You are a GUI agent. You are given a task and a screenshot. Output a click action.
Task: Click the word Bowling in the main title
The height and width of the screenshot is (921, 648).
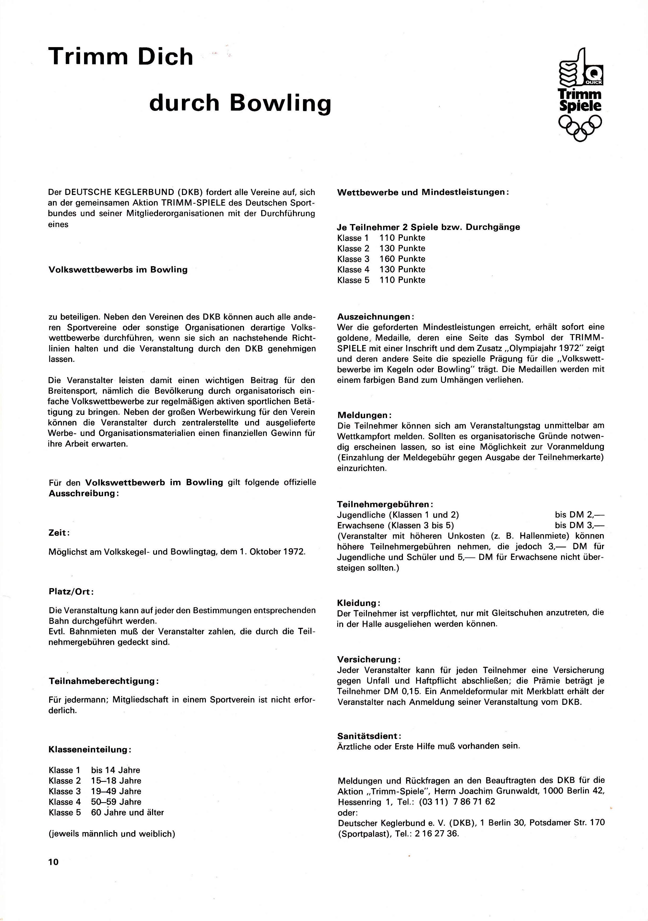point(281,103)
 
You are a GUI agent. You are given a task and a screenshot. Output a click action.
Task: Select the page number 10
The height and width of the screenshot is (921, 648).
point(53,862)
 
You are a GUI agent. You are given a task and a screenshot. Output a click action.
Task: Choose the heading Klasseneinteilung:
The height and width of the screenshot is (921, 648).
point(90,749)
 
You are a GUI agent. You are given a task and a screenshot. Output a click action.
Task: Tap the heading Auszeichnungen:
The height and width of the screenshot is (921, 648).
point(375,316)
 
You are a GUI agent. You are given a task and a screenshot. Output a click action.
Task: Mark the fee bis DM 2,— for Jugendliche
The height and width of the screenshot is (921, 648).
point(579,515)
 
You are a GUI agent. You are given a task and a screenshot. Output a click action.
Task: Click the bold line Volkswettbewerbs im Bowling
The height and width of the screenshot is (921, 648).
point(118,270)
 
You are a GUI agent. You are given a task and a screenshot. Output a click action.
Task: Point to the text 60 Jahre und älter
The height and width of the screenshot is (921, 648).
point(127,812)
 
